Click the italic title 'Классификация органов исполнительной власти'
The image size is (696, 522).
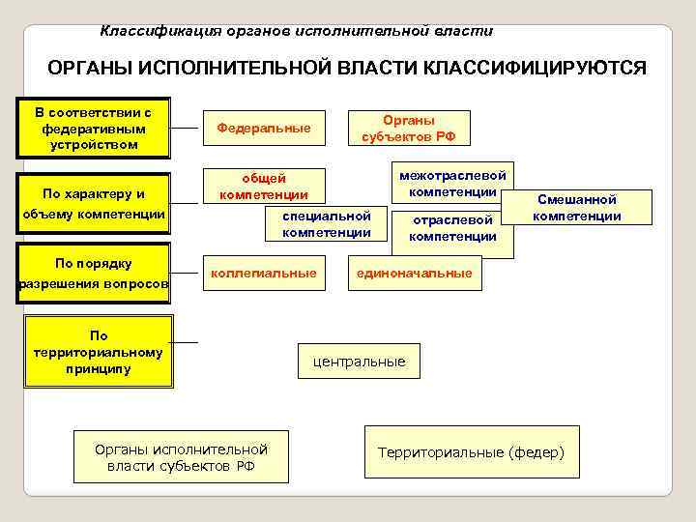297,31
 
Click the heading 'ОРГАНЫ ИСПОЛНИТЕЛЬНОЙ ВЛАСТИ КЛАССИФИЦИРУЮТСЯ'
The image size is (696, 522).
347,71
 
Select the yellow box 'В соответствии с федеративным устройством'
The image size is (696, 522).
94,128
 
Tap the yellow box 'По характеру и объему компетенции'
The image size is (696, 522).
94,204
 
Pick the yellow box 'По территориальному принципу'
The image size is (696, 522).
99,353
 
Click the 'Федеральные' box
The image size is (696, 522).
264,128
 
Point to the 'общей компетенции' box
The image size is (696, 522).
264,186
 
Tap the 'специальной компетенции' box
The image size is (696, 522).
327,223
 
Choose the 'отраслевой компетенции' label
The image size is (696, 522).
452,229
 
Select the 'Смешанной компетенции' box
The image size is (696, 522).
577,207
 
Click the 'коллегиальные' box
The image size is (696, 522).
264,274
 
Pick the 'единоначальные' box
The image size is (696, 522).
415,274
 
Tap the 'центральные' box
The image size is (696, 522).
359,362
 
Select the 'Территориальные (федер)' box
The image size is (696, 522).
471,452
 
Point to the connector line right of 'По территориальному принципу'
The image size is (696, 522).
187,342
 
